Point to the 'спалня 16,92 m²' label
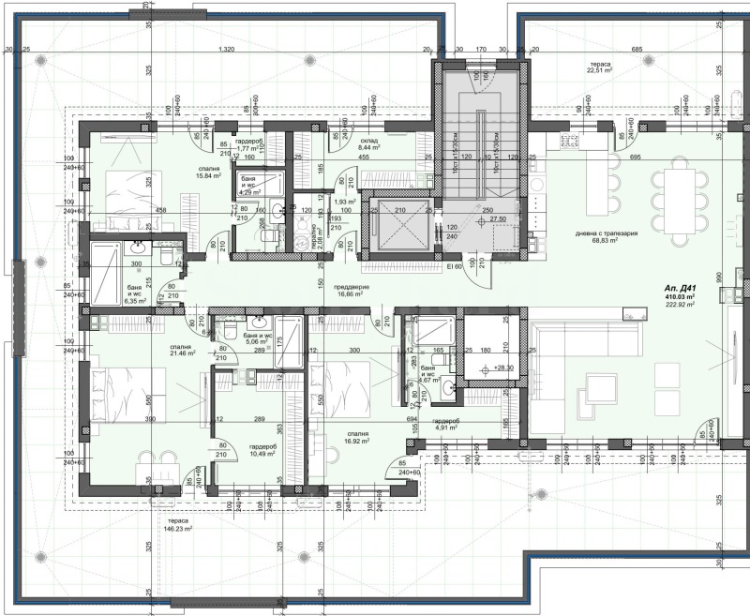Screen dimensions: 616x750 359,436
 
